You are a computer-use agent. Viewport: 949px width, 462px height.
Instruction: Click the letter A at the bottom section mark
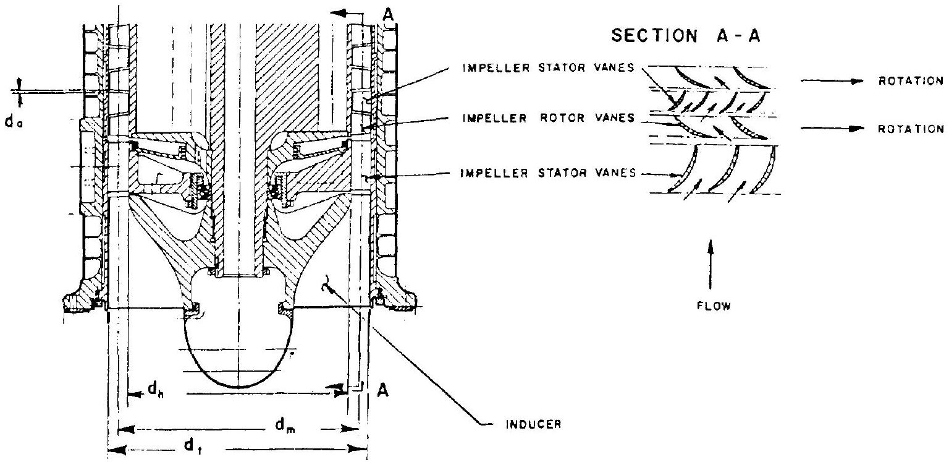(x=381, y=391)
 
